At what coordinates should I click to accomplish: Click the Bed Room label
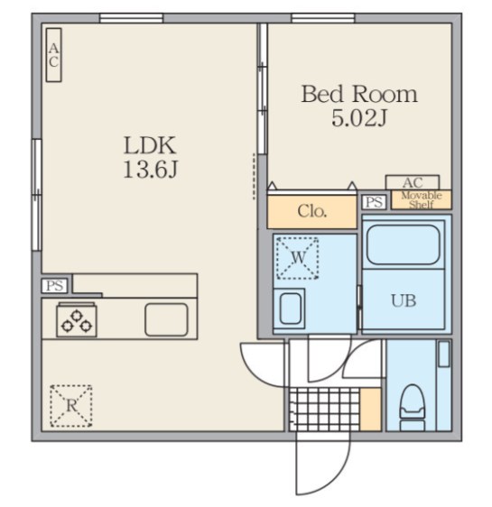coord(359,94)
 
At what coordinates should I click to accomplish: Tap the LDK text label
coord(150,145)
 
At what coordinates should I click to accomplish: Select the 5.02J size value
coord(359,117)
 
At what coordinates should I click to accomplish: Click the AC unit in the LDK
coord(53,55)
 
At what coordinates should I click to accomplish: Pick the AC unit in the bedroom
coord(413,182)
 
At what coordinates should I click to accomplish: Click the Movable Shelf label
coord(422,200)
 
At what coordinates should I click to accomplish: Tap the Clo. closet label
coord(311,211)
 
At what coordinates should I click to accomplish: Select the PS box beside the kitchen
coord(55,285)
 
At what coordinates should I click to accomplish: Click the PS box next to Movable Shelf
coord(374,202)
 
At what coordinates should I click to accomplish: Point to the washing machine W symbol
coord(298,258)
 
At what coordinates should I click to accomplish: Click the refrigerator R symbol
coord(71,405)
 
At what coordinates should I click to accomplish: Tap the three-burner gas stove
coord(77,320)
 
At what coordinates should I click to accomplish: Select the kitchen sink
coord(166,319)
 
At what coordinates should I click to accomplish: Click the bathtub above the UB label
coord(403,244)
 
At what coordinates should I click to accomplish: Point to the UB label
coord(404,300)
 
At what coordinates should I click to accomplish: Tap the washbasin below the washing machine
coord(290,309)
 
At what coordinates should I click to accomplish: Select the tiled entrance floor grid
coord(324,410)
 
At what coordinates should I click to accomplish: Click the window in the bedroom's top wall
coord(323,18)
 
